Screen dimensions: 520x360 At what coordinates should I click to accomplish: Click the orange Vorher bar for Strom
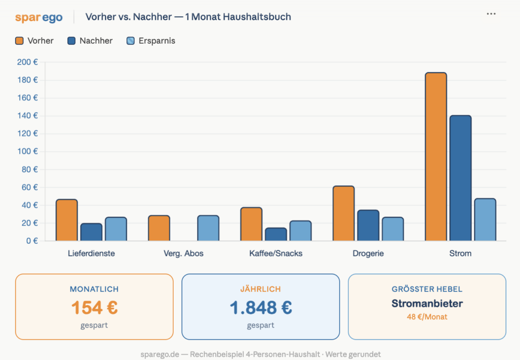[x=436, y=156]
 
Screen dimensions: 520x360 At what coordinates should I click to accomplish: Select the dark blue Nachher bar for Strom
[x=460, y=178]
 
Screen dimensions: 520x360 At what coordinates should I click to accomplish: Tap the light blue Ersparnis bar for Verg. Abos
[x=208, y=228]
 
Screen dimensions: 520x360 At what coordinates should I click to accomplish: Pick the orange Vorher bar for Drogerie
[x=344, y=213]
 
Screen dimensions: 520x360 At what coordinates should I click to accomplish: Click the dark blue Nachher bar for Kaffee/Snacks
[x=276, y=234]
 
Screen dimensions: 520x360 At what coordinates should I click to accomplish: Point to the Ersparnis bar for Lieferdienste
[x=116, y=228]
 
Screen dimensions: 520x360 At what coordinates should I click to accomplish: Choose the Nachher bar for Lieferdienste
[x=91, y=232]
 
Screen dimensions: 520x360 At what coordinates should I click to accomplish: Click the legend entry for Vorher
[x=35, y=41]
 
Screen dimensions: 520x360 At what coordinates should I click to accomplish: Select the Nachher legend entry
[x=90, y=41]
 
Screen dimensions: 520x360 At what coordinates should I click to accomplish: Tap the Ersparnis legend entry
[x=151, y=41]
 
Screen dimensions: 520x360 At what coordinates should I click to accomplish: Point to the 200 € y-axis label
[x=27, y=62]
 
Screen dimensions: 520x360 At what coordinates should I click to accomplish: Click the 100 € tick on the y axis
[x=27, y=151]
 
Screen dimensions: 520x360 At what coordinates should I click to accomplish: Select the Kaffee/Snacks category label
[x=276, y=253]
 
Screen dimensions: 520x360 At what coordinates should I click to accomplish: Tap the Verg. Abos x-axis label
[x=183, y=253]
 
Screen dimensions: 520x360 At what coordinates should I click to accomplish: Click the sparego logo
[x=39, y=17]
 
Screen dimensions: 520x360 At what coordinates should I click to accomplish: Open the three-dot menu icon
[x=491, y=14]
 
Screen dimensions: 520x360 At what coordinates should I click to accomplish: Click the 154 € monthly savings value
[x=94, y=307]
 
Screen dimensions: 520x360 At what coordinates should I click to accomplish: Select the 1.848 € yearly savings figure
[x=261, y=307]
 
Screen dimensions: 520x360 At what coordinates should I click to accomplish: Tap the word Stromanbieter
[x=427, y=303]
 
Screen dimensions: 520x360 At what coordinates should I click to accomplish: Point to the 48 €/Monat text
[x=427, y=317]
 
